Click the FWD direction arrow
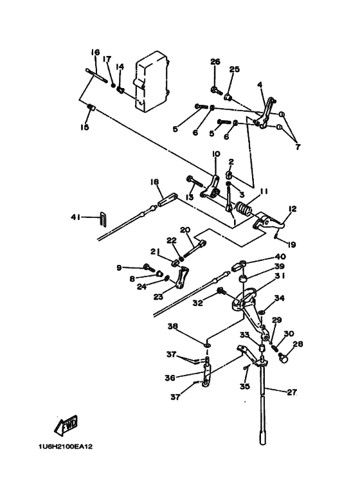(x=66, y=425)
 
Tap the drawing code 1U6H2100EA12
(x=66, y=447)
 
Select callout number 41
(x=75, y=217)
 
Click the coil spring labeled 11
(x=244, y=210)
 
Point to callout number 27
(x=292, y=392)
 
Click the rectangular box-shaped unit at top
(x=152, y=82)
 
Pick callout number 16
(x=95, y=52)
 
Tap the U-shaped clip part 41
(x=104, y=219)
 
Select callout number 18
(x=155, y=182)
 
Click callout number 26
(x=215, y=62)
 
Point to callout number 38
(x=173, y=326)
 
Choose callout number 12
(x=292, y=209)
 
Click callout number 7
(x=298, y=147)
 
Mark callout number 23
(x=158, y=296)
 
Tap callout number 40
(x=280, y=256)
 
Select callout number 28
(x=298, y=343)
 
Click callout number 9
(x=119, y=268)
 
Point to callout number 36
(x=170, y=377)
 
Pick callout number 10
(x=215, y=154)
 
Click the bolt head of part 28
(x=283, y=358)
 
